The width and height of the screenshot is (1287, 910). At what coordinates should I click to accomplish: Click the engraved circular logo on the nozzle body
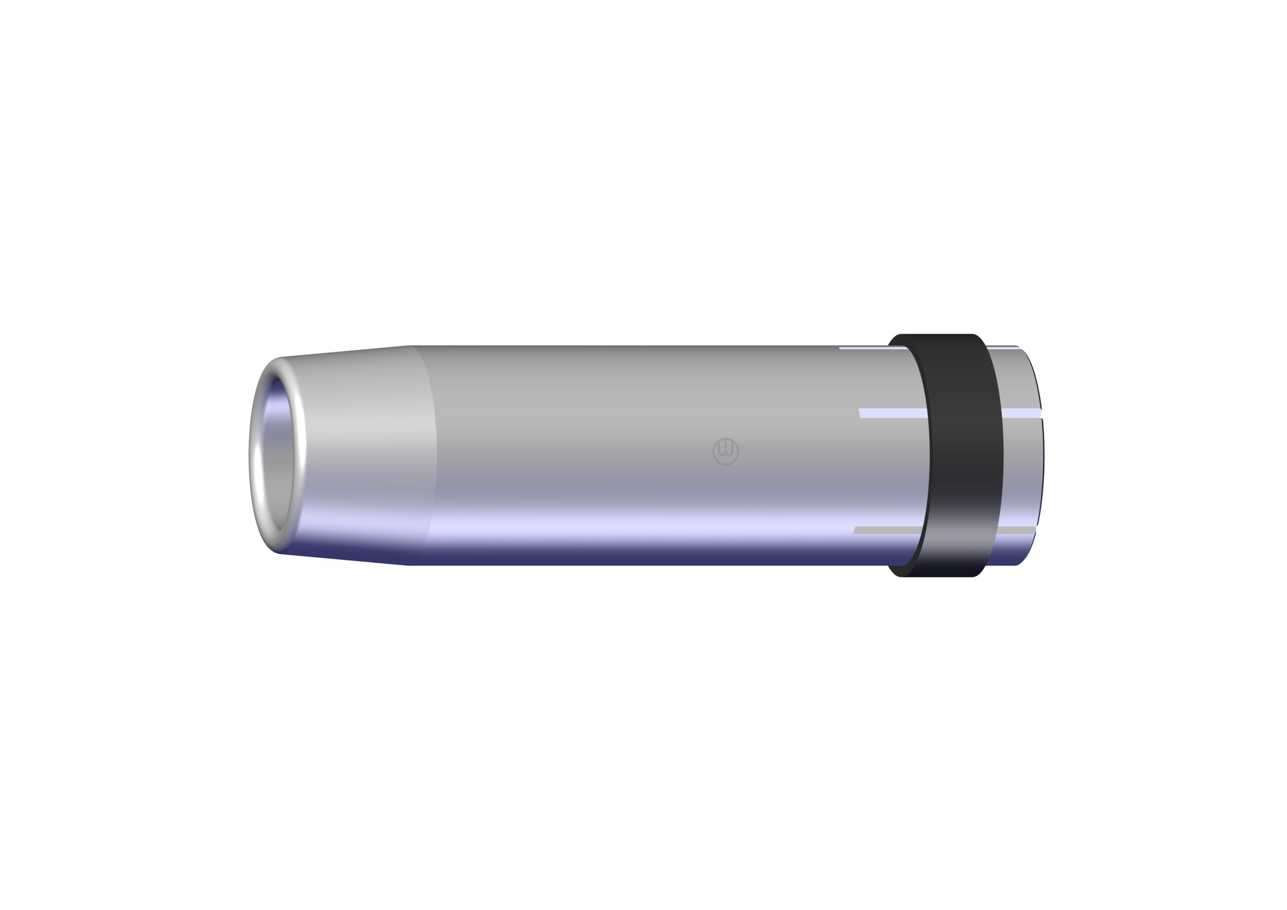(725, 451)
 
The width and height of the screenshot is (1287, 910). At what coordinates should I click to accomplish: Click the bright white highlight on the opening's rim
(257, 465)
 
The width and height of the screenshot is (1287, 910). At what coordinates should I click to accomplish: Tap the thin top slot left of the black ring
(872, 348)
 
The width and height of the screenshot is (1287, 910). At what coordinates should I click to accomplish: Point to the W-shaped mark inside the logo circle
(725, 448)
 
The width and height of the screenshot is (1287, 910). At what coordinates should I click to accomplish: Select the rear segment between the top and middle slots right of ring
(1018, 381)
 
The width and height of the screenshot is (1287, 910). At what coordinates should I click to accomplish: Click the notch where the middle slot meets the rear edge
(1040, 413)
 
